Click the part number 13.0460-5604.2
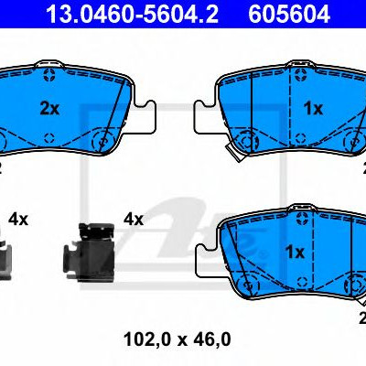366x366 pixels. click(x=132, y=14)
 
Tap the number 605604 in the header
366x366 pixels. click(x=289, y=14)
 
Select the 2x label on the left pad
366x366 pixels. click(x=49, y=109)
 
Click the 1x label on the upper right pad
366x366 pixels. click(x=313, y=109)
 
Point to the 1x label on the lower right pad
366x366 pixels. click(x=295, y=253)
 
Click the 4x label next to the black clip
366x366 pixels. click(x=134, y=220)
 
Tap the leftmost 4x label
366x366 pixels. click(x=18, y=220)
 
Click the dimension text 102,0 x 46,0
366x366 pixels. click(x=178, y=339)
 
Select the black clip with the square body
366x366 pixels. click(x=89, y=252)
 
